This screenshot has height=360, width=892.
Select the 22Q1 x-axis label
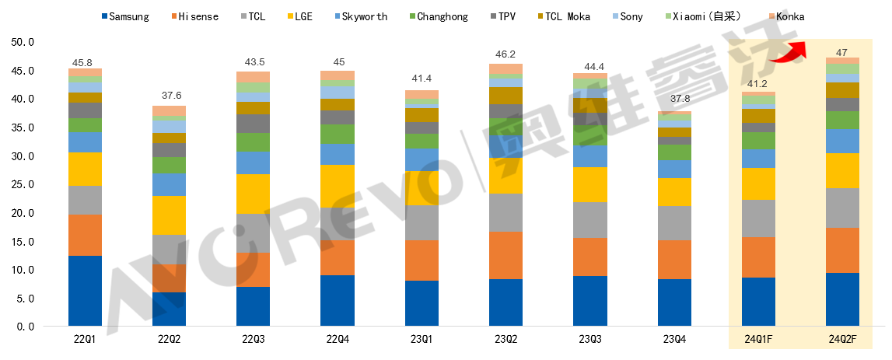click(86, 340)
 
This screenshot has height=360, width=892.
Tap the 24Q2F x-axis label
click(842, 340)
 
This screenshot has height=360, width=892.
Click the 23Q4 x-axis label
click(675, 340)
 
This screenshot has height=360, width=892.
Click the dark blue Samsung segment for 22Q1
click(86, 290)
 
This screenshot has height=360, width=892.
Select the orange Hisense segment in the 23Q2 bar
click(506, 255)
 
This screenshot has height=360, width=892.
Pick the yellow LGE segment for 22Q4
click(338, 187)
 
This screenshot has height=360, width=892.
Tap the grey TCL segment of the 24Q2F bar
click(842, 208)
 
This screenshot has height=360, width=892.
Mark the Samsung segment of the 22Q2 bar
click(170, 309)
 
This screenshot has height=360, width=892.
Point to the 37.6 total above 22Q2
click(170, 96)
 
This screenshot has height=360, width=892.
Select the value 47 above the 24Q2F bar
click(842, 52)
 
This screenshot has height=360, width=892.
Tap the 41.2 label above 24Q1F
click(758, 83)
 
